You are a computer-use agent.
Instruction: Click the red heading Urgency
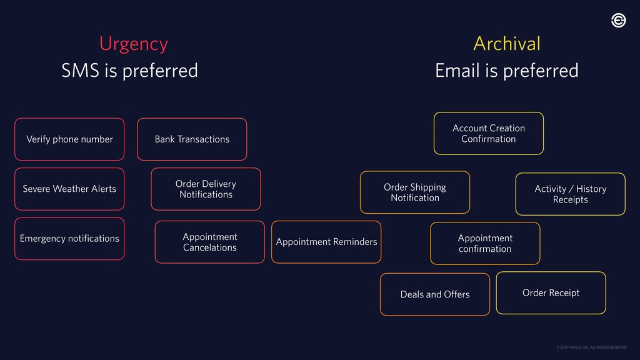click(133, 44)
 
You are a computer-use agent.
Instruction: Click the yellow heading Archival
click(506, 44)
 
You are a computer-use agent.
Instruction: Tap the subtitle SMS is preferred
click(129, 71)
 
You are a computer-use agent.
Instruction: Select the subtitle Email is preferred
click(506, 71)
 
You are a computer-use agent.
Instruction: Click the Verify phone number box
click(69, 139)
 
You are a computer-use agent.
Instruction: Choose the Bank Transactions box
click(192, 139)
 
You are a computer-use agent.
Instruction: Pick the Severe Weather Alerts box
click(69, 189)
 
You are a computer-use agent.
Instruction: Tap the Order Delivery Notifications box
click(206, 189)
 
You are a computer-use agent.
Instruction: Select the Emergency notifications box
click(69, 238)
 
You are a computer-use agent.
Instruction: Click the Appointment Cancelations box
click(209, 242)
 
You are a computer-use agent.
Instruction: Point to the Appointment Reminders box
click(326, 242)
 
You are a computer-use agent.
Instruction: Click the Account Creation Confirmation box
click(489, 133)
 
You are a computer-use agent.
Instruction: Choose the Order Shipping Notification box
click(415, 192)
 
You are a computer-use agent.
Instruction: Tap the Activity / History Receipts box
click(570, 194)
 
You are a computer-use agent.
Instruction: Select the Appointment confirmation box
click(485, 243)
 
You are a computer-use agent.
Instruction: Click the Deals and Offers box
click(435, 294)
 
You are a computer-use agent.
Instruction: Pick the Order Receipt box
click(551, 292)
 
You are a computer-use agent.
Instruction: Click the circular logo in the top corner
click(618, 21)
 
